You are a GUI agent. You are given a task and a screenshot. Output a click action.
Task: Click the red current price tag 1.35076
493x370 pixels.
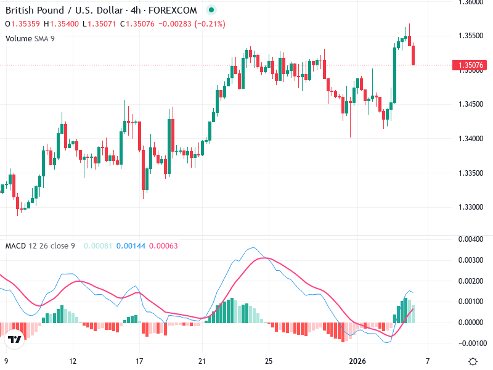[470, 65]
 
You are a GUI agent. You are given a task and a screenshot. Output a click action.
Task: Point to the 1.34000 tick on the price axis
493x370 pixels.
[471, 139]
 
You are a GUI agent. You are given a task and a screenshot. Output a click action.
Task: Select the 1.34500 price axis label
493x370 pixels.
[471, 105]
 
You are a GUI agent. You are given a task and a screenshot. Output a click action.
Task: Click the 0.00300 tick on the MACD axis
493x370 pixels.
[471, 260]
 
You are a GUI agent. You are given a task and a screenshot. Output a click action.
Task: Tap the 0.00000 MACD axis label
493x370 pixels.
[471, 323]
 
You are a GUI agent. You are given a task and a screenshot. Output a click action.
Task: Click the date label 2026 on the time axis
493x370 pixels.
[358, 361]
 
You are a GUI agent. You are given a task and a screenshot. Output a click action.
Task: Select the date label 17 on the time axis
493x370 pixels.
[140, 361]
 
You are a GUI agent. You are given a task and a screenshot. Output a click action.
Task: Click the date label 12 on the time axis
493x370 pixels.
[73, 361]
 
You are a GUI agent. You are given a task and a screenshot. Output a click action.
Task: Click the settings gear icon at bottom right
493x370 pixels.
[473, 361]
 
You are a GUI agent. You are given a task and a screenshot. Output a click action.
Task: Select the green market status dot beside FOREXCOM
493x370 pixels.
[211, 10]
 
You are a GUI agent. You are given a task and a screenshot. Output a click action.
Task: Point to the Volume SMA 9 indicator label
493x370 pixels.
[31, 38]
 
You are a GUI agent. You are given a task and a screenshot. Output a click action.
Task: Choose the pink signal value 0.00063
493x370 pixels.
[163, 246]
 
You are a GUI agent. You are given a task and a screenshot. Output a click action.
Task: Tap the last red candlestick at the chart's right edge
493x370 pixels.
[414, 55]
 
